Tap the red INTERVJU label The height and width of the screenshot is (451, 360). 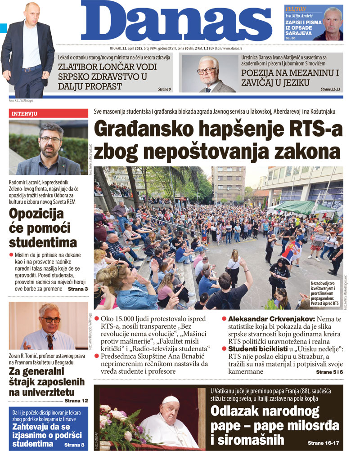[24, 114]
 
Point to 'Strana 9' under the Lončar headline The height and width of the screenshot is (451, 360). [164, 89]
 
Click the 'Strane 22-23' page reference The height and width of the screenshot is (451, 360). [332, 89]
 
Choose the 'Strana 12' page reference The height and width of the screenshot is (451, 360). [76, 400]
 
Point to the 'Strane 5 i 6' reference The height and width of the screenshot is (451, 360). [329, 372]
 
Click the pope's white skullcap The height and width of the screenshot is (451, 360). [171, 399]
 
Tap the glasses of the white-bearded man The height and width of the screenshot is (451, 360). [207, 70]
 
